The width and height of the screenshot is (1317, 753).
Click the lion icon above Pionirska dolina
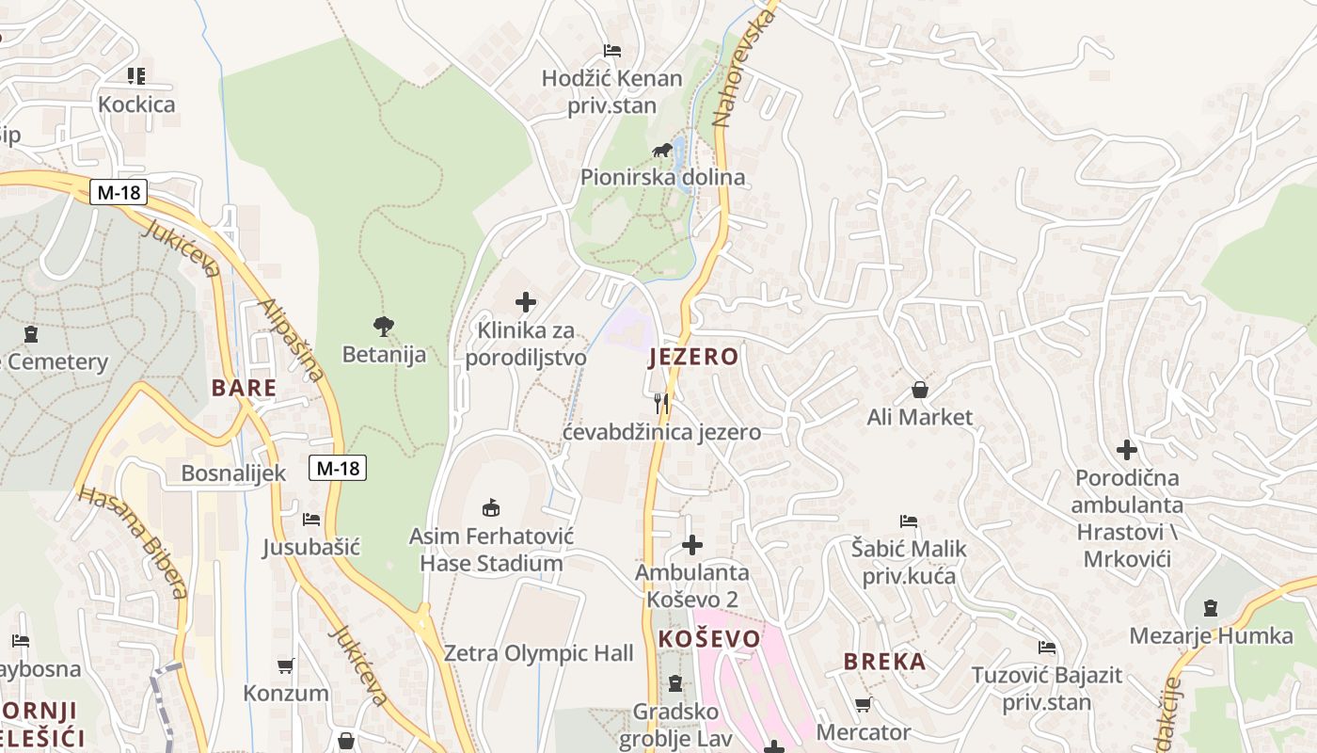click(x=662, y=151)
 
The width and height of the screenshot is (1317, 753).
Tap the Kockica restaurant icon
click(x=136, y=76)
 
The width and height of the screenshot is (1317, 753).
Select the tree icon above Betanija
click(x=383, y=327)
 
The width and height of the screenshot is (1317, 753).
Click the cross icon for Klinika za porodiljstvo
click(x=526, y=302)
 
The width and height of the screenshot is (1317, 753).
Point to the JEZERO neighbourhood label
click(x=693, y=357)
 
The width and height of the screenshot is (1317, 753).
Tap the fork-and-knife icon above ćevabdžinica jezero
click(x=661, y=404)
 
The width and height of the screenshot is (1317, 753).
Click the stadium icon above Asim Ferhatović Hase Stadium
click(x=490, y=508)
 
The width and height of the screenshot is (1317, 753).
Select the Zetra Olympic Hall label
click(x=538, y=653)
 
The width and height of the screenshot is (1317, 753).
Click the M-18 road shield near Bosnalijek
click(x=337, y=467)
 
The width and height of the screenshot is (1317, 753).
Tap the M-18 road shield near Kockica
click(x=119, y=193)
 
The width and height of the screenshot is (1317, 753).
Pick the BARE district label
click(x=244, y=388)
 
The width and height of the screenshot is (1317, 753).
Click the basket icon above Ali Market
click(x=919, y=389)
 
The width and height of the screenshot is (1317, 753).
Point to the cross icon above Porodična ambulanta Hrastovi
click(x=1126, y=450)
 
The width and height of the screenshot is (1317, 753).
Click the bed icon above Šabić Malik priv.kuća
click(x=908, y=521)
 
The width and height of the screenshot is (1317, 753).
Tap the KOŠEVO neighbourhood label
click(x=708, y=639)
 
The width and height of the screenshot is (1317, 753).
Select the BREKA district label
click(x=884, y=662)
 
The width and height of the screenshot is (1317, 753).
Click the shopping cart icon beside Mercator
click(x=863, y=704)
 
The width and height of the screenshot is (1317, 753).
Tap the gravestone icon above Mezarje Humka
click(x=1210, y=608)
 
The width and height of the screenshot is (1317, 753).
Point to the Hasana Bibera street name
click(x=134, y=541)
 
